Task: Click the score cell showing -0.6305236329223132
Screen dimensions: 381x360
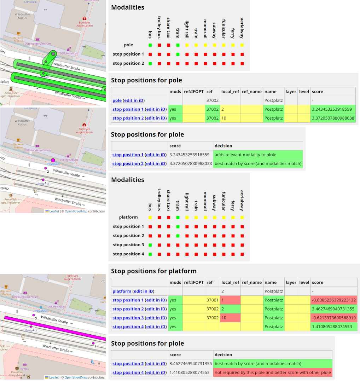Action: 333,300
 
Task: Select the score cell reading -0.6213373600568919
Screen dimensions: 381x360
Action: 333,318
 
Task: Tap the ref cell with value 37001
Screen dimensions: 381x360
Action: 212,300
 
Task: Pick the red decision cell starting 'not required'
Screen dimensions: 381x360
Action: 272,373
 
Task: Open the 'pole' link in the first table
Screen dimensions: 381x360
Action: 117,100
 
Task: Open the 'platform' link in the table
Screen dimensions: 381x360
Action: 122,291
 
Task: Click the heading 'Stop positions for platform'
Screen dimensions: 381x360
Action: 153,271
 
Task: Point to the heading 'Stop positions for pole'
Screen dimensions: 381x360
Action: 146,80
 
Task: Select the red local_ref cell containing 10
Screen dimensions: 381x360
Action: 230,318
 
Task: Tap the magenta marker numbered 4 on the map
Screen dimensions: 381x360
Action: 93,343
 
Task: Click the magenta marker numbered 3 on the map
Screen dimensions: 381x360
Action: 34,315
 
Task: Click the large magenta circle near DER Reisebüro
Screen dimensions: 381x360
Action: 53,161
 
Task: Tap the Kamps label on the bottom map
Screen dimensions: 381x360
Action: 25,368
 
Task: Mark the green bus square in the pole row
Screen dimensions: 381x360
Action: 150,45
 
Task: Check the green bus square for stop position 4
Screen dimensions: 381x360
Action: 150,254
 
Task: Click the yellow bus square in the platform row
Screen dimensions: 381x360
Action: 150,217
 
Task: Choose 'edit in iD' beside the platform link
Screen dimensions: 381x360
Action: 143,291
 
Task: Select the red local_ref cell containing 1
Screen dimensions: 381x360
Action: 230,300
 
